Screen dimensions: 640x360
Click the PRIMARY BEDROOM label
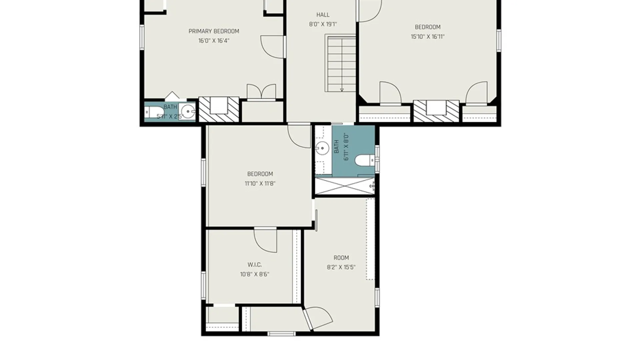coord(214,31)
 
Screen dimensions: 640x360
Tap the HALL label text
coord(323,15)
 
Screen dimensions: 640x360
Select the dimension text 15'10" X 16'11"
coord(428,37)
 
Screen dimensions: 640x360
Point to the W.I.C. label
coord(254,265)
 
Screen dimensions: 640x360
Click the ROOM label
coord(341,258)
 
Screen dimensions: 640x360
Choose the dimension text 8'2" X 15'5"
coord(341,267)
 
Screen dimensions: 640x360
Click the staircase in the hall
coord(341,63)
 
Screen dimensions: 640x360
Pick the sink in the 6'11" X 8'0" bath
coord(322,148)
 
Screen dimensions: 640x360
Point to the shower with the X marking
coord(345,186)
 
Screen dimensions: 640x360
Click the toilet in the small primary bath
coord(154,112)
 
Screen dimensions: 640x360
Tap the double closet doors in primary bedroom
coord(261,92)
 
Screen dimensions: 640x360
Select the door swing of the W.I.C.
coord(266,240)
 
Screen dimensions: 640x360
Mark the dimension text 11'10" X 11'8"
coord(260,183)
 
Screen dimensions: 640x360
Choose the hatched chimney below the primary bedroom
coord(219,109)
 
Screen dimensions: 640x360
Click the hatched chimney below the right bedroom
coord(436,111)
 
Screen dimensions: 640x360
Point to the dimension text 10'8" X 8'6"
coord(254,274)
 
